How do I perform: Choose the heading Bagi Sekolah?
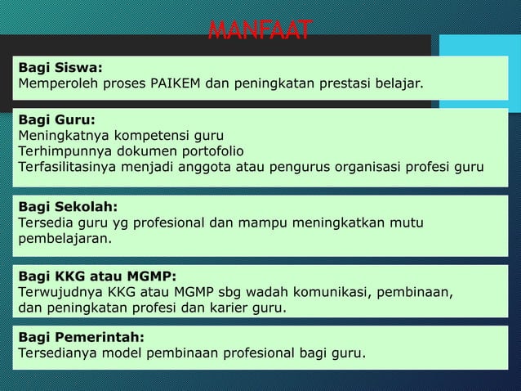68,206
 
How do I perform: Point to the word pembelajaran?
65,240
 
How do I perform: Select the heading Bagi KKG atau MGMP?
96,276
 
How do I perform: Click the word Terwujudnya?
61,291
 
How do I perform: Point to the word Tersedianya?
58,353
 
